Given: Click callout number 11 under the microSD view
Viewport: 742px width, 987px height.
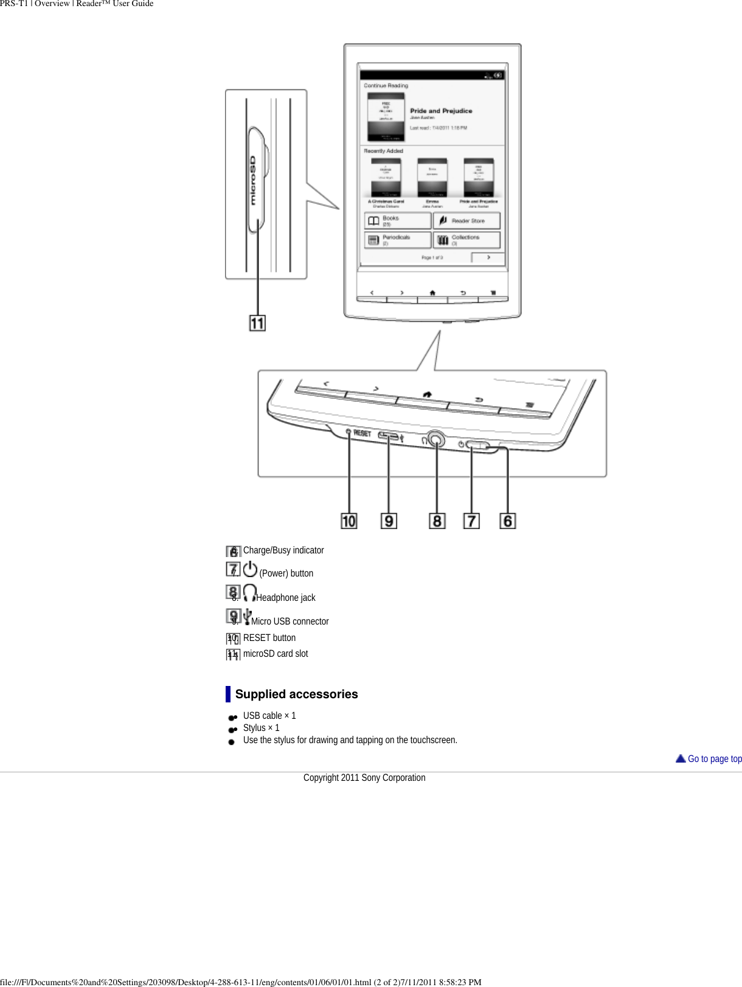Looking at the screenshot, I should pos(257,323).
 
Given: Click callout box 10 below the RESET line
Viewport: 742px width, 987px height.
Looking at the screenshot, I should pos(348,521).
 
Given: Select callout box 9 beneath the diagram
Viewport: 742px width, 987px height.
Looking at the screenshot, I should pos(389,521).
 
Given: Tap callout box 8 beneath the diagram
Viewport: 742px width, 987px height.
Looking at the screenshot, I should pos(437,521).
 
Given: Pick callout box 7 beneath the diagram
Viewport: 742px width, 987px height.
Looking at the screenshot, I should pos(471,521).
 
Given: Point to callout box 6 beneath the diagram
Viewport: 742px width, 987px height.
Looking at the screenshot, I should pos(508,521).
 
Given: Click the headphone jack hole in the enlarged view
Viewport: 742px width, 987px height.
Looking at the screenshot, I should pos(435,439).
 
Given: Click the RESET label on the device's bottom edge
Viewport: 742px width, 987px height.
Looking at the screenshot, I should pos(362,433).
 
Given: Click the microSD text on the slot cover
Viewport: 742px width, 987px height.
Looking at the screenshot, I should pos(253,181).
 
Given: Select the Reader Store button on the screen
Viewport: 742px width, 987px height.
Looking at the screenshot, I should pos(466,221).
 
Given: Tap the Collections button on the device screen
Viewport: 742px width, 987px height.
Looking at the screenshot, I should pos(466,240).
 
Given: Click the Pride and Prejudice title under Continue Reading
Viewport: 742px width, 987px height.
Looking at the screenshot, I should pos(441,111).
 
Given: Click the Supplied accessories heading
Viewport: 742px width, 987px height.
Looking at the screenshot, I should pos(296,694).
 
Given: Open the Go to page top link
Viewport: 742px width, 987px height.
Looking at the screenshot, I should pos(714,758).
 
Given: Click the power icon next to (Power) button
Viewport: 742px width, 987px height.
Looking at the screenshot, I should pos(250,569).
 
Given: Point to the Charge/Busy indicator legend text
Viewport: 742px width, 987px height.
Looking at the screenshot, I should pos(283,550).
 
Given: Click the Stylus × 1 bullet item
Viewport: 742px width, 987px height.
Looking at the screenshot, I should pos(261,728).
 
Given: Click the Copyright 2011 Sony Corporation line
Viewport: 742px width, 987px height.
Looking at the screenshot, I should pos(364,778).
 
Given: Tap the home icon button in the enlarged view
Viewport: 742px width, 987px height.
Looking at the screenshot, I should pos(427,395).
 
